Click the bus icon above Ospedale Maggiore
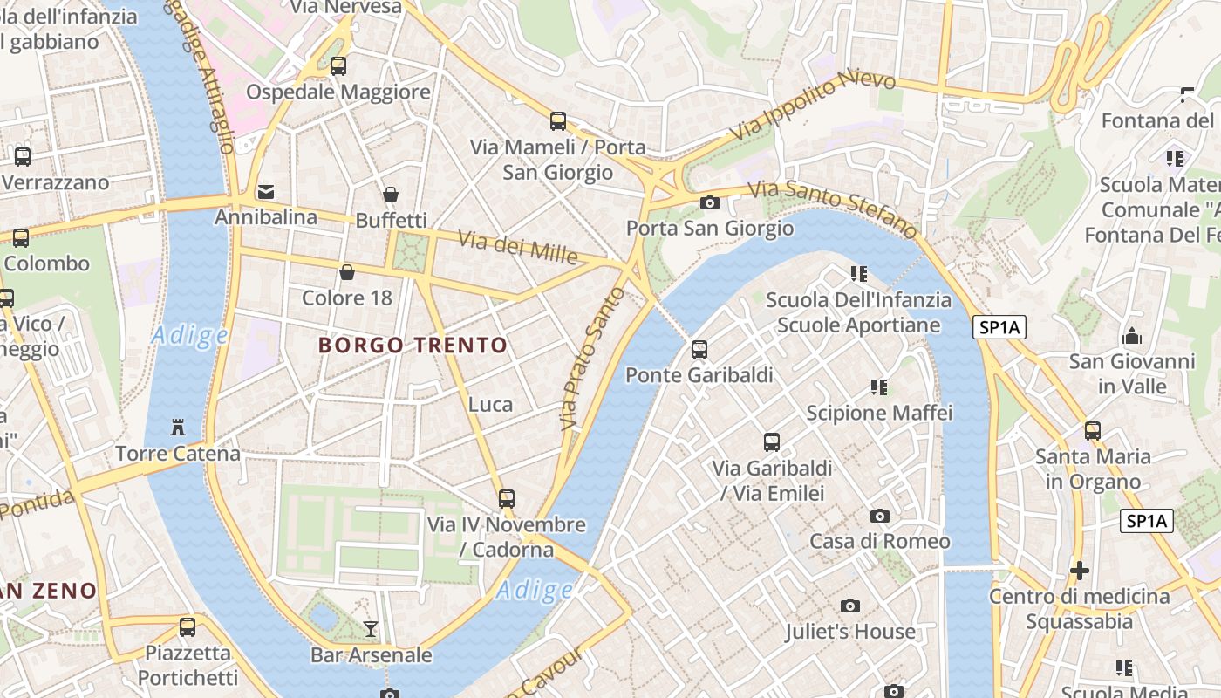pyautogui.click(x=338, y=65)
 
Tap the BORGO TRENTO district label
pyautogui.click(x=413, y=346)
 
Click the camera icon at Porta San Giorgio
pyautogui.click(x=710, y=202)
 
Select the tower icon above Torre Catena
pyautogui.click(x=178, y=428)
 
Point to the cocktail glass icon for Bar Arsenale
pyautogui.click(x=371, y=628)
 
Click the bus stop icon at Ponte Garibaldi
pyautogui.click(x=699, y=350)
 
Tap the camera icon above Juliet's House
pyautogui.click(x=849, y=606)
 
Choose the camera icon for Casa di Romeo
pyautogui.click(x=879, y=516)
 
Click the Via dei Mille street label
pyautogui.click(x=518, y=247)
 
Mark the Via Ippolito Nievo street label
pyautogui.click(x=813, y=106)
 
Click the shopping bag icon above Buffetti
pyautogui.click(x=391, y=195)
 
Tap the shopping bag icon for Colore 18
pyautogui.click(x=346, y=272)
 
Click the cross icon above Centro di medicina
pyautogui.click(x=1079, y=571)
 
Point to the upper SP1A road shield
pyautogui.click(x=999, y=328)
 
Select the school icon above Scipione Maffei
pyautogui.click(x=879, y=387)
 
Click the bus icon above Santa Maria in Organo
pyautogui.click(x=1092, y=430)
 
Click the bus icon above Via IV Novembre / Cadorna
pyautogui.click(x=506, y=499)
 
